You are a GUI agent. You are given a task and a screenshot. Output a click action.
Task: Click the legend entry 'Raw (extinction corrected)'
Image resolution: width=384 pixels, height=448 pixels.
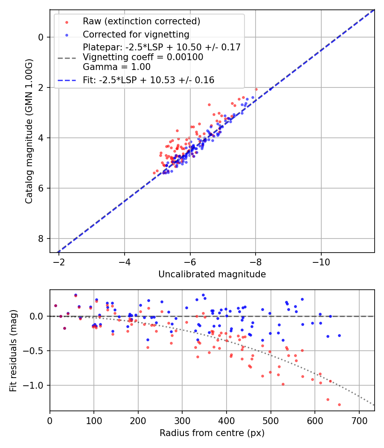coord(141,21)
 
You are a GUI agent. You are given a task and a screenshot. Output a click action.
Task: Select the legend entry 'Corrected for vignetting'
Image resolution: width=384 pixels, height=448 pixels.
coord(136,34)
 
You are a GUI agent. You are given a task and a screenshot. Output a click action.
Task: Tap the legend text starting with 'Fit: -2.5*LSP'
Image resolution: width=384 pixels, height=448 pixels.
coord(148,80)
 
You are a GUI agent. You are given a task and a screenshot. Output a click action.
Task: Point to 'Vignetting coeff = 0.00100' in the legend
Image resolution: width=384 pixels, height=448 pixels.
coord(143,57)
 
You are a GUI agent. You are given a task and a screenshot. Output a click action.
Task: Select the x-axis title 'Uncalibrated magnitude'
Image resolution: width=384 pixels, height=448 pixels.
coord(212,274)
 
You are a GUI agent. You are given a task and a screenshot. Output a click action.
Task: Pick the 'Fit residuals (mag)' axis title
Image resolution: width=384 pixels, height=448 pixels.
coord(13,350)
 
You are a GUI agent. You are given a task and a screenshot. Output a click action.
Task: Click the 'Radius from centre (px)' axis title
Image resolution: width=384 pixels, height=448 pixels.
coord(212,433)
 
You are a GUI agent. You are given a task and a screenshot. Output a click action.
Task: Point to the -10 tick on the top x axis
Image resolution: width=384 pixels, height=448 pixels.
coord(321,261)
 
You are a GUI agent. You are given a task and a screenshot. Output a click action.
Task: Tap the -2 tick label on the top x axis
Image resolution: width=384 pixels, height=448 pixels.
coord(59,261)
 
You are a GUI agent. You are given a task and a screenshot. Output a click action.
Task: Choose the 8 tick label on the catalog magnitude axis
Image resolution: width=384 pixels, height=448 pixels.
coord(41,239)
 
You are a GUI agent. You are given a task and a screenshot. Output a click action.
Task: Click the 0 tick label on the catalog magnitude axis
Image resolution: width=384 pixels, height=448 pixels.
coord(41,37)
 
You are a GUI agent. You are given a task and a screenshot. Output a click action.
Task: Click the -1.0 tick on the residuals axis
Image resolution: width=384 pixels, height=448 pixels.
coord(36,385)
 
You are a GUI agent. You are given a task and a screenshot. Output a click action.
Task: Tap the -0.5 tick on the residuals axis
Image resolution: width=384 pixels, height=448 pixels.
coord(36,351)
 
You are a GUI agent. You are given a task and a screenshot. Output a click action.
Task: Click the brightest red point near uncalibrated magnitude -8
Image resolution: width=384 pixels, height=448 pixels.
coord(256,89)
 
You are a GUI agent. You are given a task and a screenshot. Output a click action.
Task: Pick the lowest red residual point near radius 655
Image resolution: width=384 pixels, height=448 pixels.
coord(339,404)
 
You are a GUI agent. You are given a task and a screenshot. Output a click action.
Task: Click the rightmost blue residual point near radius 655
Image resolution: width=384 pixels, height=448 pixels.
coord(339,335)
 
